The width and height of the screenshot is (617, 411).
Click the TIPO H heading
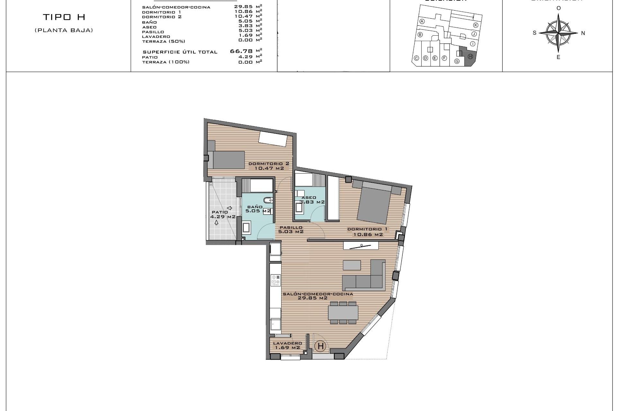pos(64,17)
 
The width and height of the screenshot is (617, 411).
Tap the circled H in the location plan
pos(470,57)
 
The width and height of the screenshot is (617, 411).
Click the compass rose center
pos(559,33)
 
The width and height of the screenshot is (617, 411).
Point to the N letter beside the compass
pos(583,33)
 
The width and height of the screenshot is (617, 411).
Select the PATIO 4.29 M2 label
pos(223,214)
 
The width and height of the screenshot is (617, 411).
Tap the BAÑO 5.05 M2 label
pos(258,209)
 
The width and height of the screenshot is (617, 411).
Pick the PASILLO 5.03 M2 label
pos(291,229)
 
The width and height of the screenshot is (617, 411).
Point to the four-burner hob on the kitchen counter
pos(275,280)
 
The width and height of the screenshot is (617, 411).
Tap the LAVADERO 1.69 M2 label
pos(287,345)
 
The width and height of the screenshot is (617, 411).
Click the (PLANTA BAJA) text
pos(64,31)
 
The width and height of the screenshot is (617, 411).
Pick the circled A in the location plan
pos(422,22)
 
